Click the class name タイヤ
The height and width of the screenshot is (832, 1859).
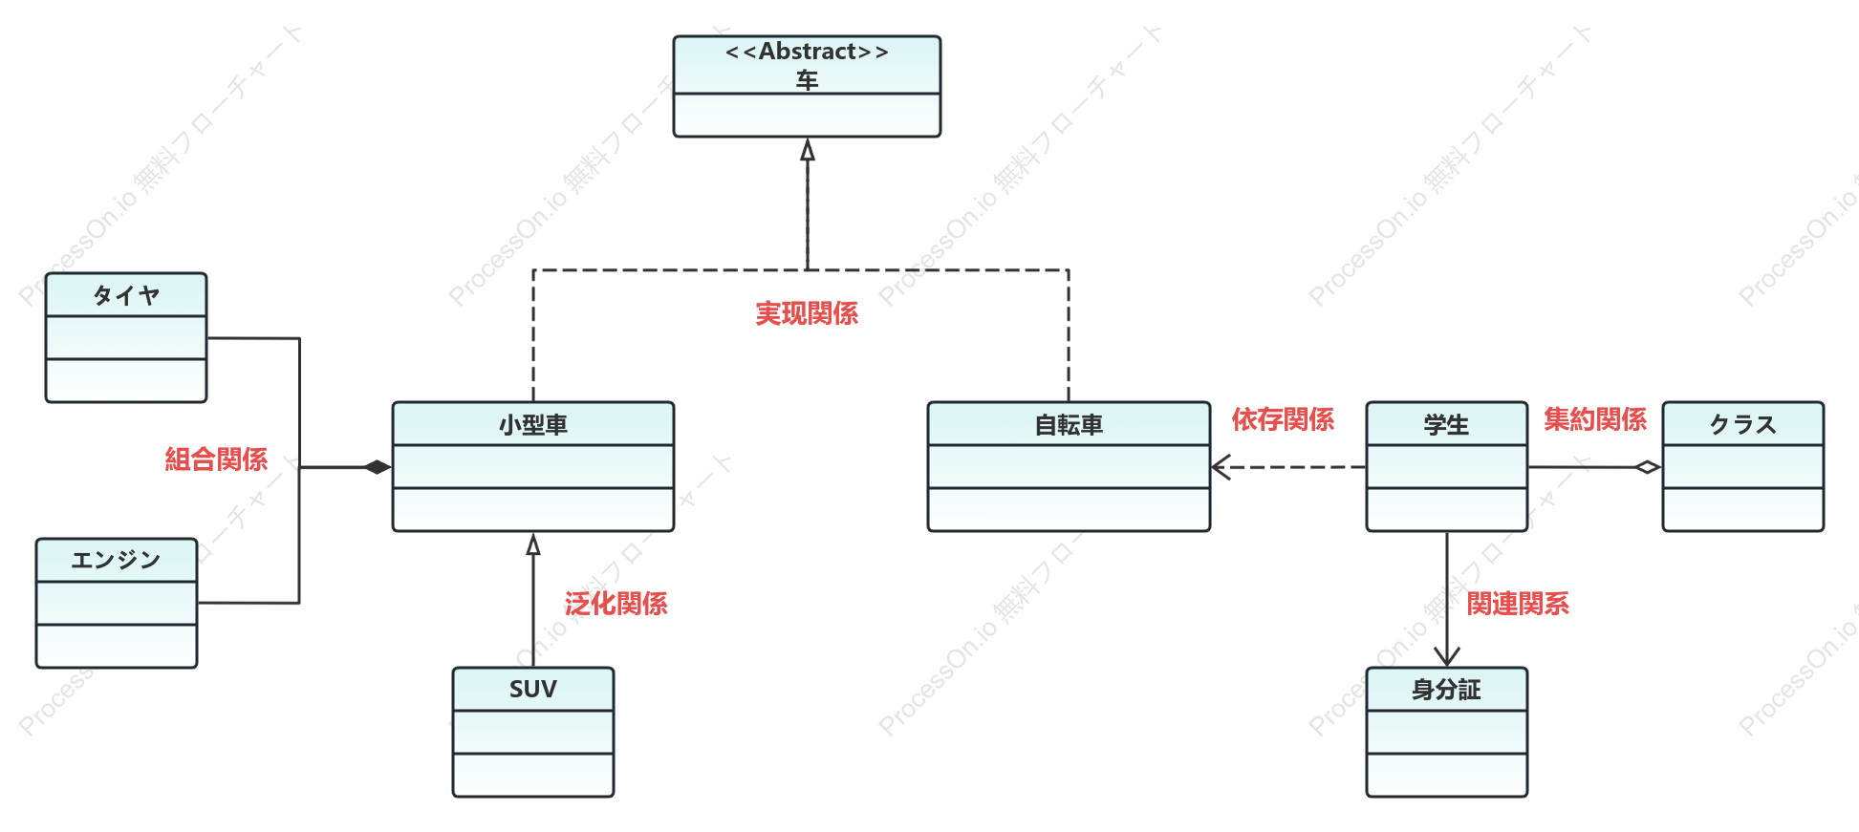point(126,295)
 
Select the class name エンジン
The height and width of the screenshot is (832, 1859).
point(117,560)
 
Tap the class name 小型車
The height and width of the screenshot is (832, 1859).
point(533,425)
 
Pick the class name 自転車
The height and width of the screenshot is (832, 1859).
point(1069,425)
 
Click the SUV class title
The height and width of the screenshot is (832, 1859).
point(533,690)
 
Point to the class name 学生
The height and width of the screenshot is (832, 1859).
point(1446,425)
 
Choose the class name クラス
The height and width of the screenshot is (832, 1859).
point(1743,425)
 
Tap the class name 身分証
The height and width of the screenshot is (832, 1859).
point(1446,690)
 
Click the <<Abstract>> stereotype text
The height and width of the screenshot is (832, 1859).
point(807,52)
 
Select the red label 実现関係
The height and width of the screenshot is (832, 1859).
point(807,313)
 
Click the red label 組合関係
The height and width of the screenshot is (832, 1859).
point(216,459)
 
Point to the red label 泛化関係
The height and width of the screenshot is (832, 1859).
point(616,604)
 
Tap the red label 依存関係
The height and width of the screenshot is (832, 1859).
point(1283,419)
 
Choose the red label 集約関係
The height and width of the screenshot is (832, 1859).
point(1595,419)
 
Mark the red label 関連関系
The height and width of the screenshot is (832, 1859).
point(1518,604)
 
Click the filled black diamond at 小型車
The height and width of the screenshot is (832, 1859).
point(378,467)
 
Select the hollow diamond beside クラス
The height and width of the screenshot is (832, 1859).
point(1648,467)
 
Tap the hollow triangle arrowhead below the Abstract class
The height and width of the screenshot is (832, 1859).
point(808,150)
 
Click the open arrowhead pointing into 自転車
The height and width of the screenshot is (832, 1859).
point(1221,467)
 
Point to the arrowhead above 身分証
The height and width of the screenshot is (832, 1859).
point(1447,655)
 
